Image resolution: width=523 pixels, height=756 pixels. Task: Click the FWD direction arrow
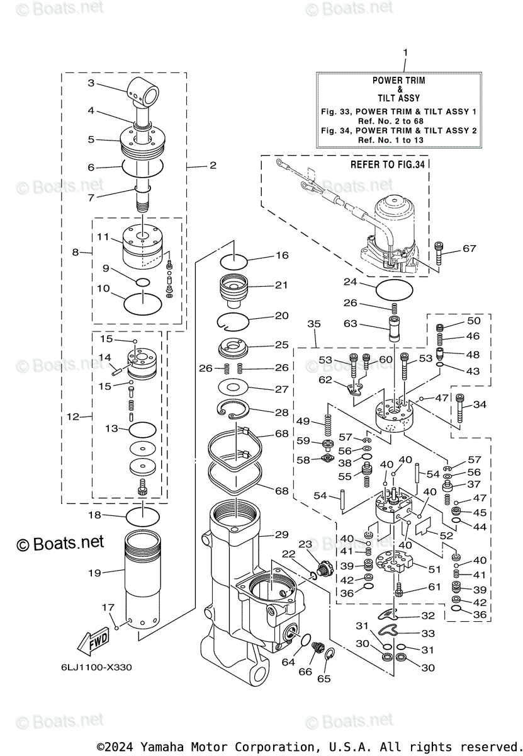(x=92, y=642)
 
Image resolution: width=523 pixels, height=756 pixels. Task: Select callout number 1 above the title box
(x=405, y=53)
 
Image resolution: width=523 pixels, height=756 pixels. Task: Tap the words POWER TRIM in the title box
(x=398, y=81)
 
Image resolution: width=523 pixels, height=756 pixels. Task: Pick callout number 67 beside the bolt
(x=470, y=249)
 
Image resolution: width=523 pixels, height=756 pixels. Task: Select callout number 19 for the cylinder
(x=94, y=573)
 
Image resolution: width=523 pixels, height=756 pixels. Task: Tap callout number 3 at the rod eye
(x=91, y=83)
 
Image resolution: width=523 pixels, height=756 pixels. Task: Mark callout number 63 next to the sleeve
(x=351, y=324)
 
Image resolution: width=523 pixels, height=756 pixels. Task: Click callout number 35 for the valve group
(x=314, y=324)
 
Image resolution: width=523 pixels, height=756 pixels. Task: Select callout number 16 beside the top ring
(x=281, y=255)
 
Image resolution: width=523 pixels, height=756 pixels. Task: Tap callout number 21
(x=281, y=285)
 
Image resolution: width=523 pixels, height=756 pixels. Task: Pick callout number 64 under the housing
(x=288, y=662)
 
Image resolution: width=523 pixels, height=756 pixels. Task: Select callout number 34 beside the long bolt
(x=480, y=404)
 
